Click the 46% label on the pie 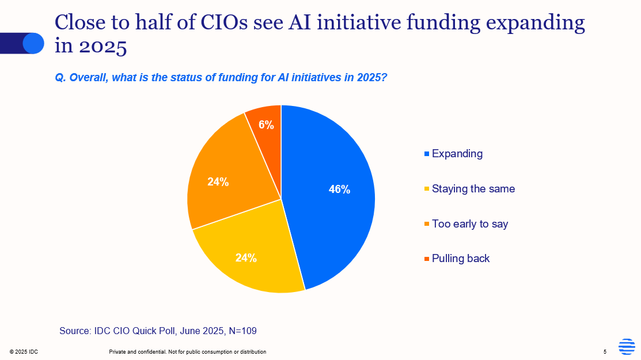click(x=339, y=189)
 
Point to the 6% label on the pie click(x=266, y=124)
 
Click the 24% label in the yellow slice click(x=246, y=258)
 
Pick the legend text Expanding click(x=457, y=154)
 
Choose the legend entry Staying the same click(x=473, y=189)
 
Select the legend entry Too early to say click(x=470, y=224)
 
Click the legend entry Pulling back click(x=461, y=259)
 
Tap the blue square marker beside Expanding click(x=427, y=154)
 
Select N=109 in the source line click(x=242, y=331)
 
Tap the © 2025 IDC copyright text click(x=24, y=352)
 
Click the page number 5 click(x=605, y=352)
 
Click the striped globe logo click(x=627, y=347)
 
